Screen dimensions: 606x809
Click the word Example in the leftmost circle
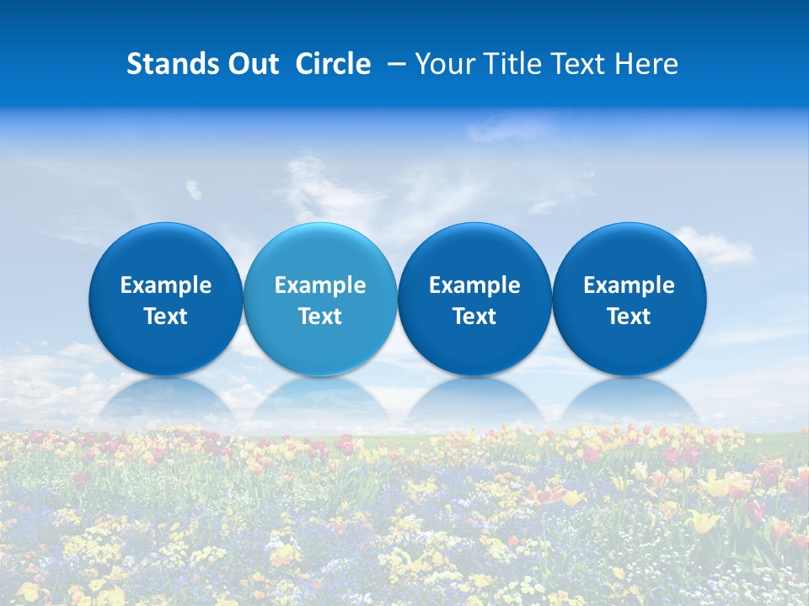165,285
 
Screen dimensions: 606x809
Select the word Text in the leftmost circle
165,316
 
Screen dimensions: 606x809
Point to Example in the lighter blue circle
320,285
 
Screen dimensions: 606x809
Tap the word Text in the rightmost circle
630,316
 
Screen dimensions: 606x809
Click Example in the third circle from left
474,285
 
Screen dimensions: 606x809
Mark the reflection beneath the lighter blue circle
320,400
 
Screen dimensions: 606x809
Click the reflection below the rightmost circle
630,400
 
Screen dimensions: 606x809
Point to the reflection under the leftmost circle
165,400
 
